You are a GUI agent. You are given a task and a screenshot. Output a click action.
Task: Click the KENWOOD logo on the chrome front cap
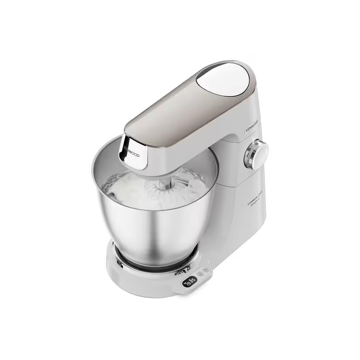coord(132,150)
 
